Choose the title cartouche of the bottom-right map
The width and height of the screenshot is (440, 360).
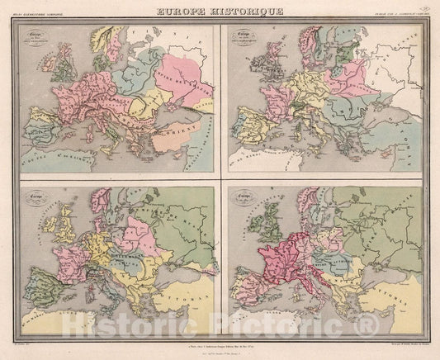point(245,198)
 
